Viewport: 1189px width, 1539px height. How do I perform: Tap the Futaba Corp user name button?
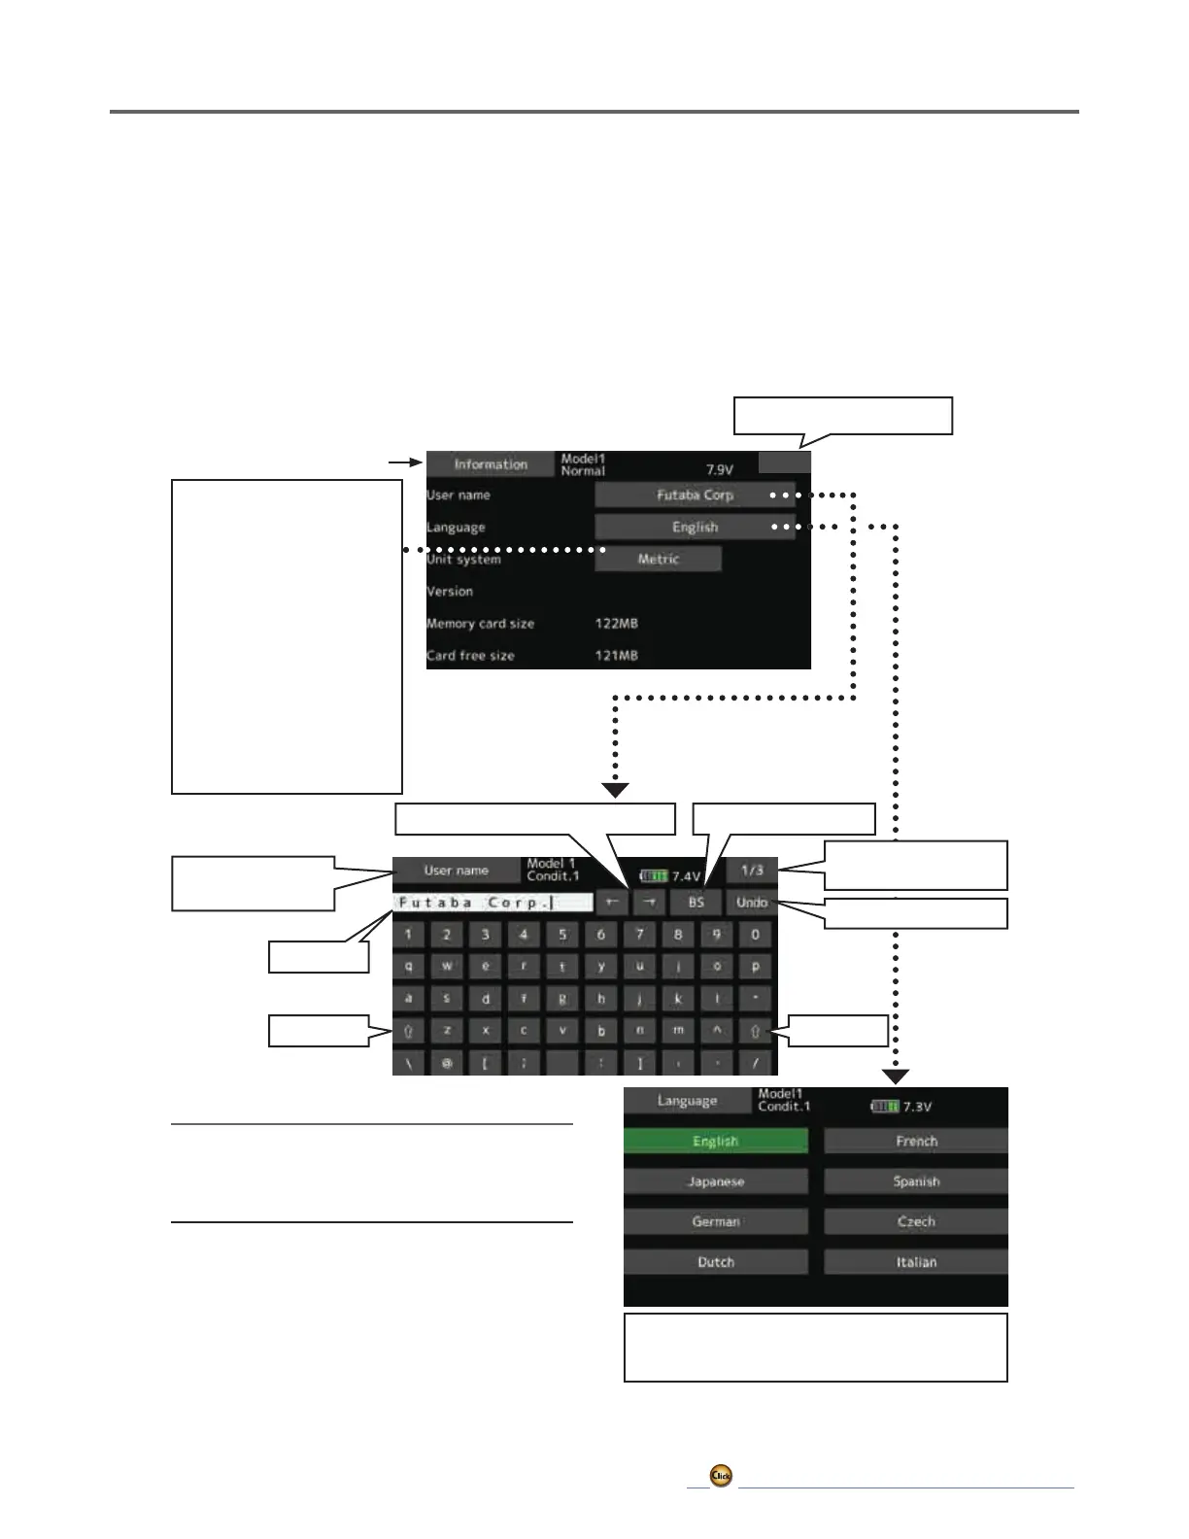pos(695,495)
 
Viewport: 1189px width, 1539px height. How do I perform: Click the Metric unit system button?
pos(658,559)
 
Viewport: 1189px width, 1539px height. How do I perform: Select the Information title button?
pos(491,464)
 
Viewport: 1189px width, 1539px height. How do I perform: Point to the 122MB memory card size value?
pos(616,624)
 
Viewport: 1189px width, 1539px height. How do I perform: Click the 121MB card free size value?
pos(616,656)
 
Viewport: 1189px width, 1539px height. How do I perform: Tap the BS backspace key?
pos(696,903)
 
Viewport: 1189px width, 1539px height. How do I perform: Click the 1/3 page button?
pos(752,871)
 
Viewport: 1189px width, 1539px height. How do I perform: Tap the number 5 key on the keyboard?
pos(561,935)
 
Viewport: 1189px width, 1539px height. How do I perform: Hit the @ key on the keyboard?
pos(447,1063)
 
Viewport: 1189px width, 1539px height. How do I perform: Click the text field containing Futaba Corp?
pos(493,903)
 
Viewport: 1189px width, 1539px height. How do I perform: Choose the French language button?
pos(916,1142)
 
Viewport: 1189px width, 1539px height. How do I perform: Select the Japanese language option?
pos(716,1181)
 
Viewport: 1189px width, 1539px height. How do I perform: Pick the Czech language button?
pos(916,1221)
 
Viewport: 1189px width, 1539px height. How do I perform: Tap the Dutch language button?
pos(716,1262)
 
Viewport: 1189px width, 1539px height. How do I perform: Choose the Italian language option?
pos(916,1262)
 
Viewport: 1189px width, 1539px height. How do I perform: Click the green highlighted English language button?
pos(716,1142)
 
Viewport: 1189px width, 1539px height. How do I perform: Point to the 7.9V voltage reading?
pos(719,470)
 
